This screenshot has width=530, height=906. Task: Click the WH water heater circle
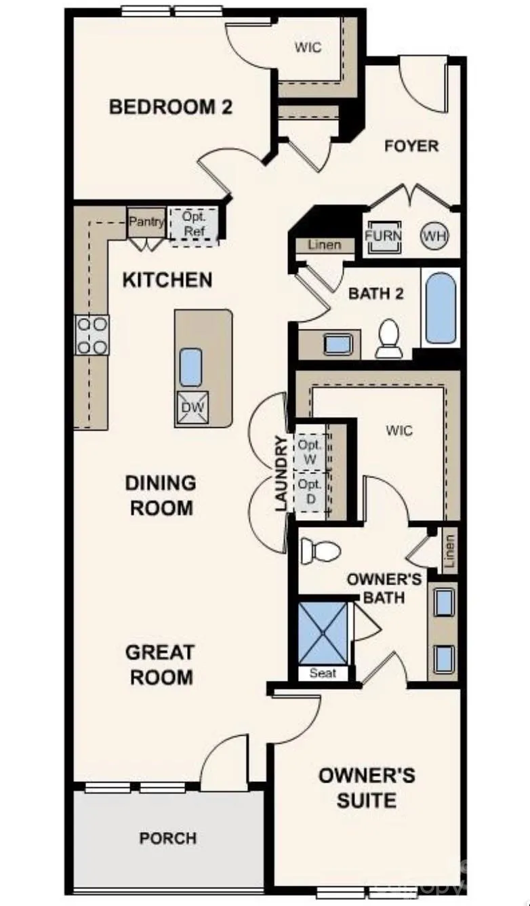click(x=434, y=235)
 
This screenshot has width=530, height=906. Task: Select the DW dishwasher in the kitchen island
click(x=193, y=407)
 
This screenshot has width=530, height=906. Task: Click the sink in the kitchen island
click(x=190, y=367)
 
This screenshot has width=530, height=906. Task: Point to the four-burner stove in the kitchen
click(x=92, y=335)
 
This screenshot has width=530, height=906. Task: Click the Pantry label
click(x=147, y=222)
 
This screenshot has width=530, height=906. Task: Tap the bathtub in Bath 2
click(x=441, y=308)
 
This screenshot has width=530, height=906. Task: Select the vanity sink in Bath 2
click(x=338, y=344)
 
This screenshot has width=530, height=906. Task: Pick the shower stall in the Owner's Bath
click(x=323, y=635)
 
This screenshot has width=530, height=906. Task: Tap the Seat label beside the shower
click(x=323, y=673)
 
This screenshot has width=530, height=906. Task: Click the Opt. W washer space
click(x=310, y=452)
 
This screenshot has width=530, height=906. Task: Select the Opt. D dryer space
click(x=310, y=492)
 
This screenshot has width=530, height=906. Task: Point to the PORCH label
click(x=168, y=838)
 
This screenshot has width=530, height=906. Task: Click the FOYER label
click(x=411, y=146)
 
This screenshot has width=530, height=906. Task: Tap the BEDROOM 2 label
click(x=171, y=107)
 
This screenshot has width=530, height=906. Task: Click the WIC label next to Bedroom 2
click(x=308, y=47)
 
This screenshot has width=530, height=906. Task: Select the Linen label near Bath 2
click(x=325, y=245)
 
